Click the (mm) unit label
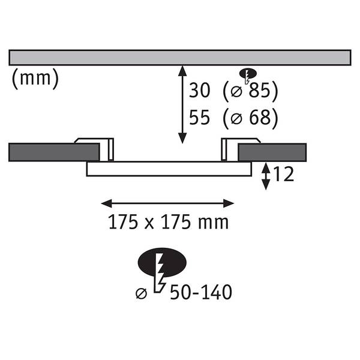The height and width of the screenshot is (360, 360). click(35, 79)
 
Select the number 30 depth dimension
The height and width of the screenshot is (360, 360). click(199, 90)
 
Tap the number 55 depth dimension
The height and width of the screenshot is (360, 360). click(199, 118)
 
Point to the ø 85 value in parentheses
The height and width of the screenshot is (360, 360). click(250, 91)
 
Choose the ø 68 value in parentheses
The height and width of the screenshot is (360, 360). click(250, 118)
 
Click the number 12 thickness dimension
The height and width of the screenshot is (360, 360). click(284, 174)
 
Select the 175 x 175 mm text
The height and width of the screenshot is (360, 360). click(168, 222)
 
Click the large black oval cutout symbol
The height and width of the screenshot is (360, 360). click(162, 262)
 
